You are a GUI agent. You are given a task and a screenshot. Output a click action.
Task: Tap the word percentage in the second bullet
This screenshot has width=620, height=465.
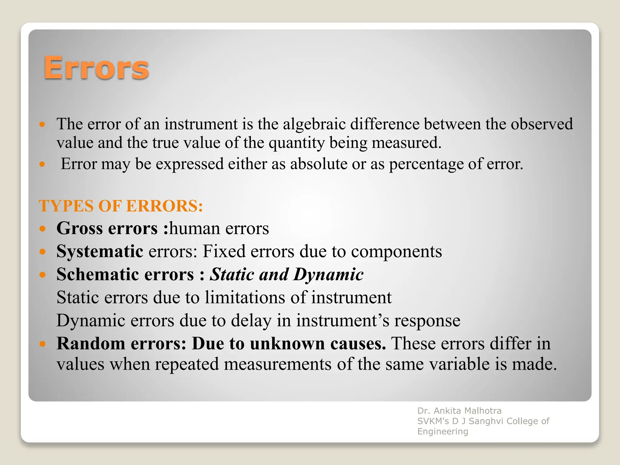coord(426,164)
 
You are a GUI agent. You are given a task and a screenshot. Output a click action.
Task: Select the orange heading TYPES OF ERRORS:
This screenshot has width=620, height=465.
coord(121,206)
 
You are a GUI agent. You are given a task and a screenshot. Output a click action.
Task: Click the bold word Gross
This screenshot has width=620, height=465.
coord(79,228)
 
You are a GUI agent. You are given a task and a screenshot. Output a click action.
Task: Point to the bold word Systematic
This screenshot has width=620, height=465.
coord(100,252)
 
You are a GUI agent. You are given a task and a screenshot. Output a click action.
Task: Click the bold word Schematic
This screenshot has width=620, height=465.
coord(97,275)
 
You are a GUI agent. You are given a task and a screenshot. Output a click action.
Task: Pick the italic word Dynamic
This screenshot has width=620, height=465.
coord(328,275)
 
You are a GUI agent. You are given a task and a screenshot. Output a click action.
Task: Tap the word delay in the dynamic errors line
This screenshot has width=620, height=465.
coord(251,321)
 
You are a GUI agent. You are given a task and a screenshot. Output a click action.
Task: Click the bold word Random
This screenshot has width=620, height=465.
coord(91,344)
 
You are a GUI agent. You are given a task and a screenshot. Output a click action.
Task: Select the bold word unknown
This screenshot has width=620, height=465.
coord(287,344)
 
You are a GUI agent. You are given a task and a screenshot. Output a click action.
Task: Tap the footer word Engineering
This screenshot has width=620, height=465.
coord(443,431)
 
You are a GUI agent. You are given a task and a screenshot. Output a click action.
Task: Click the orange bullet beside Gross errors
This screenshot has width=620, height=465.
coord(42,229)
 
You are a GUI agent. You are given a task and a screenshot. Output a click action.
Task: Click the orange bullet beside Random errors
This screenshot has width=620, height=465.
coord(42,344)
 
